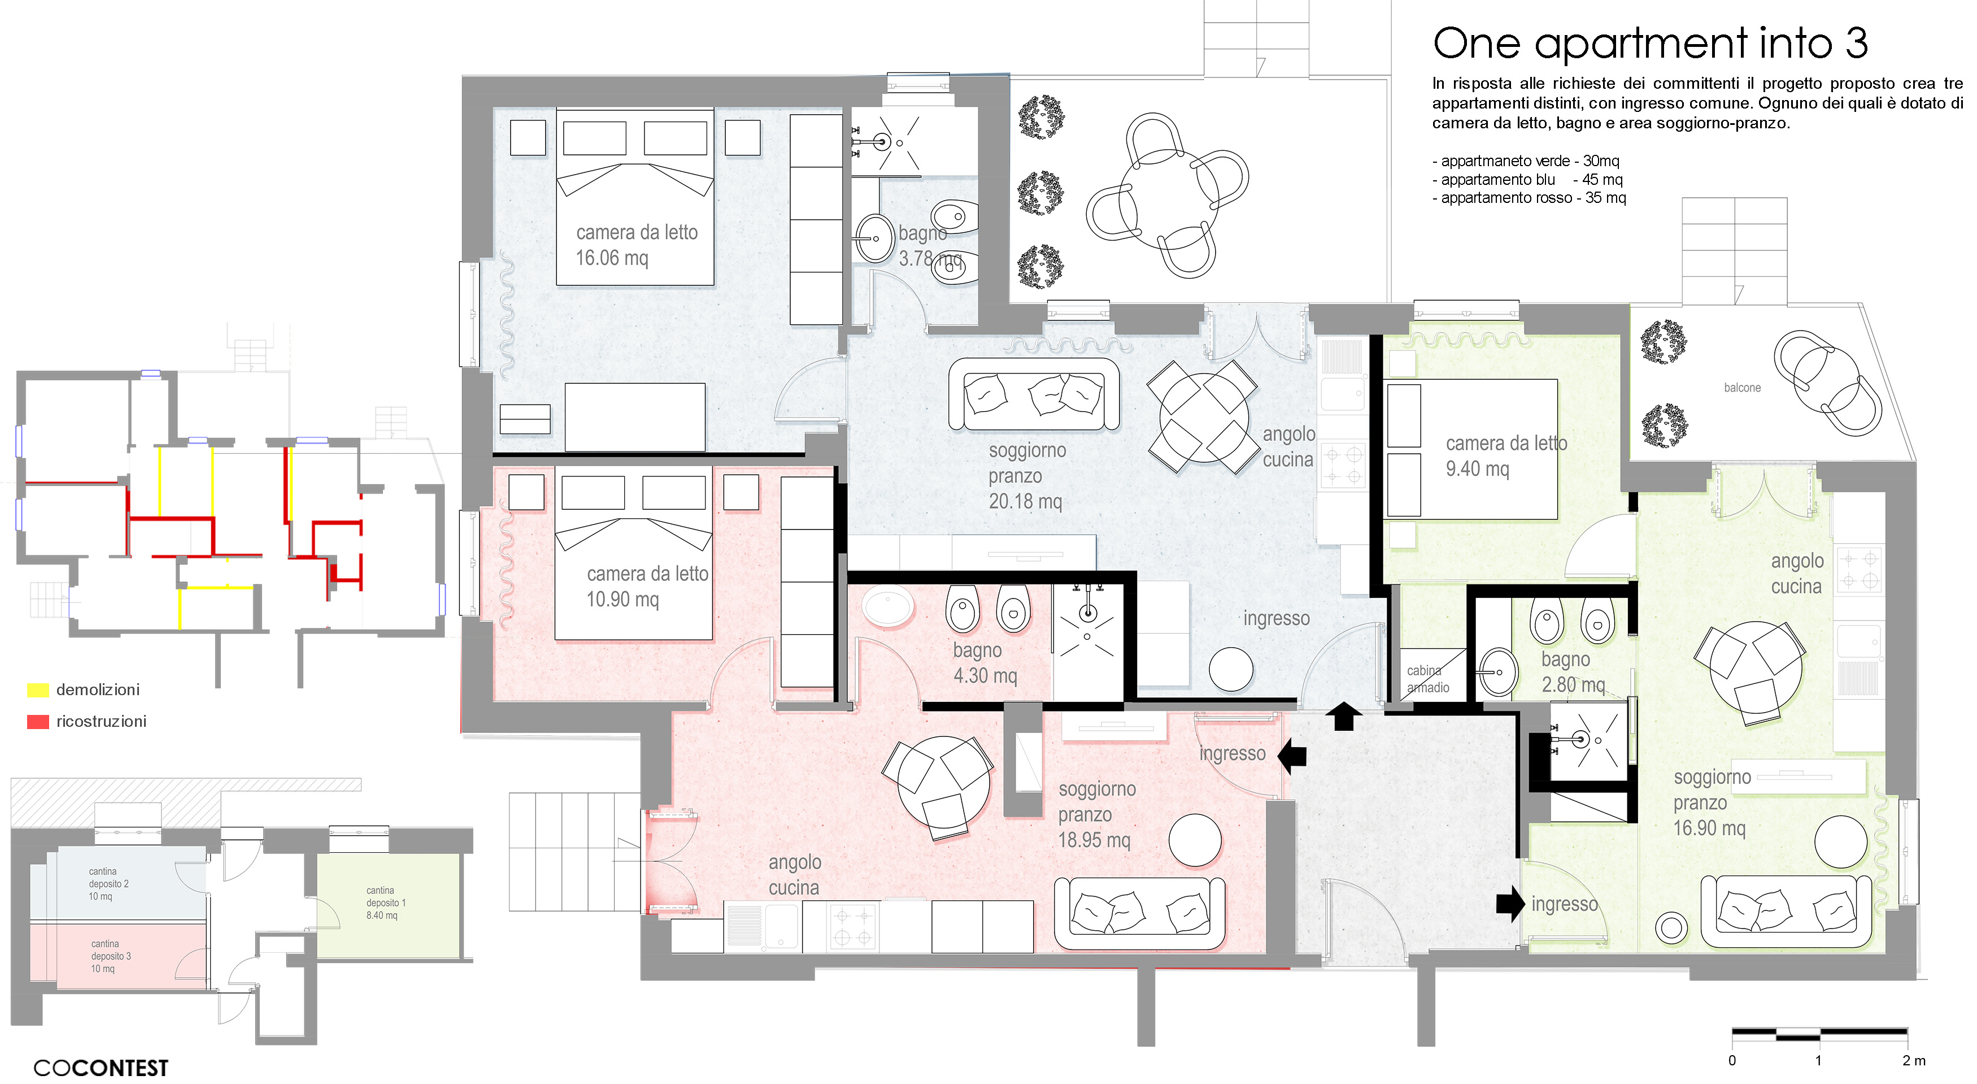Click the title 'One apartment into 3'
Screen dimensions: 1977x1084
[x=1649, y=43]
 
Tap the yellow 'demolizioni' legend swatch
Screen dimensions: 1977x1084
[x=38, y=690]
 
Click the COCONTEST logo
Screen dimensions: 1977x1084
[x=101, y=1068]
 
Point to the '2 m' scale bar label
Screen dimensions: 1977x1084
[x=1913, y=1060]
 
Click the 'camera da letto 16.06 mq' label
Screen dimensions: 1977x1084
[x=636, y=245]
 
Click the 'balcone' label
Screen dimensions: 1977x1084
[x=1741, y=388]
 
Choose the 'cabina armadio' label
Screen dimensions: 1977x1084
[x=1427, y=679]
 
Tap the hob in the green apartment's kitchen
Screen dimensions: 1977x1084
[x=1859, y=570]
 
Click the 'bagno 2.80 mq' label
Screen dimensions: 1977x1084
[x=1573, y=672]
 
